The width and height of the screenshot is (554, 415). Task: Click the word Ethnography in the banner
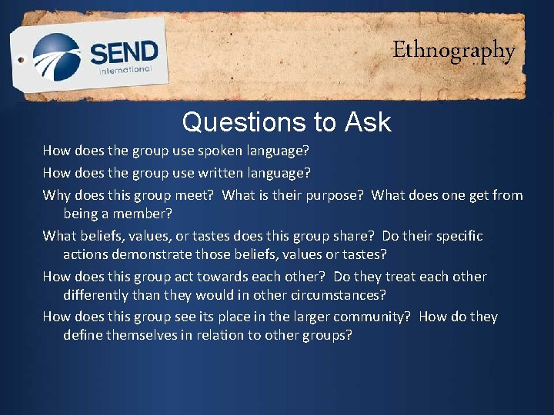pyautogui.click(x=454, y=51)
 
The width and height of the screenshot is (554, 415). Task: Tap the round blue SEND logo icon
pyautogui.click(x=56, y=56)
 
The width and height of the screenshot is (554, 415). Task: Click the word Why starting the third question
pyautogui.click(x=57, y=195)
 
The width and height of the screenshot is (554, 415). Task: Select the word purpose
pyautogui.click(x=333, y=195)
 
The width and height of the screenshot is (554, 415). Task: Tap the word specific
pyautogui.click(x=455, y=236)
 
